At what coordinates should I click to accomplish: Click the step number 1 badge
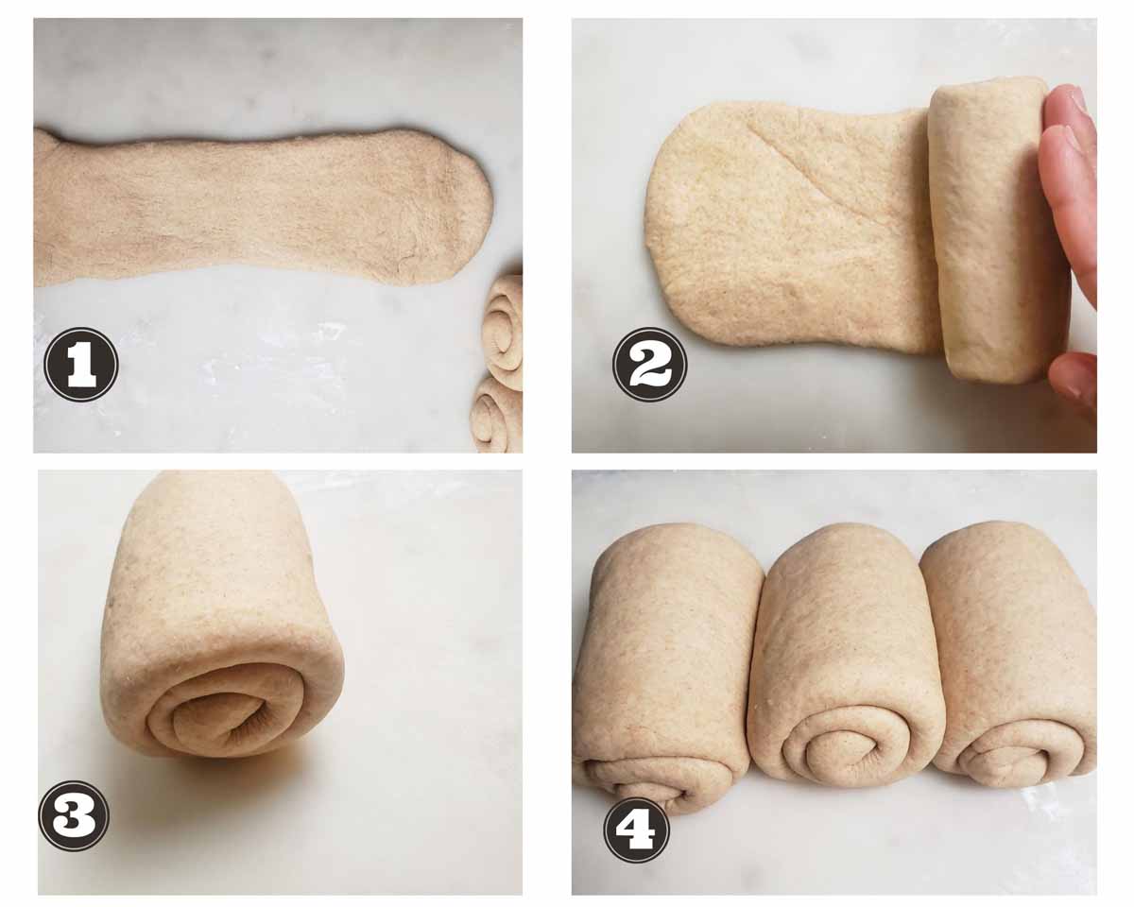point(81,364)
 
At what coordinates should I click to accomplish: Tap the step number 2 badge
point(650,365)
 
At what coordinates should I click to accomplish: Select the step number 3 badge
point(75,815)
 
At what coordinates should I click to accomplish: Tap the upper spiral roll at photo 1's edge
point(504,332)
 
